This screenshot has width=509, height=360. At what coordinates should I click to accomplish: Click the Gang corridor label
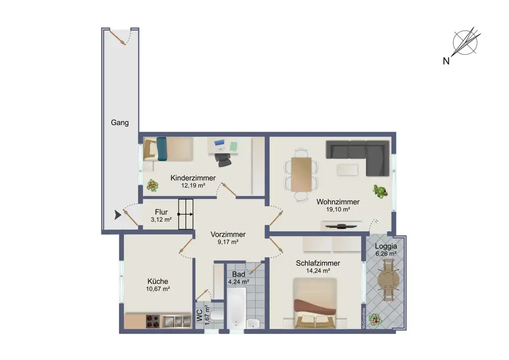[x=120, y=122]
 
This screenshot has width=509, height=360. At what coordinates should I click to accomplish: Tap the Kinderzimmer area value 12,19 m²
[x=193, y=185]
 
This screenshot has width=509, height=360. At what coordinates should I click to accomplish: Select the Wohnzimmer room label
[x=338, y=202]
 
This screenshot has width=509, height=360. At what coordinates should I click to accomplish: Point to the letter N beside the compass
[x=446, y=61]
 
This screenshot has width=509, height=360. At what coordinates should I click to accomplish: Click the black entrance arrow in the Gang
[x=117, y=215]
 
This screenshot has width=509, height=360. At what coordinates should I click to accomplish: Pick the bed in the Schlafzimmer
[x=315, y=303]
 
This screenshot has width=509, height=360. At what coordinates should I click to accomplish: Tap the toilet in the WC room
[x=217, y=315]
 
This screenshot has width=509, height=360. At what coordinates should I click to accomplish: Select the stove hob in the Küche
[x=153, y=321]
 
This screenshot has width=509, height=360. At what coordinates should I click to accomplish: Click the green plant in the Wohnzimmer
[x=380, y=191]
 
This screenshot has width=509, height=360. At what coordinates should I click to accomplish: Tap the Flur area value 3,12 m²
[x=162, y=219]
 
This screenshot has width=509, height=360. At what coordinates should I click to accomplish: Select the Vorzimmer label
[x=228, y=235]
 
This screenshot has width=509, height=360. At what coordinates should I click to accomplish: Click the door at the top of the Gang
[x=120, y=38]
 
